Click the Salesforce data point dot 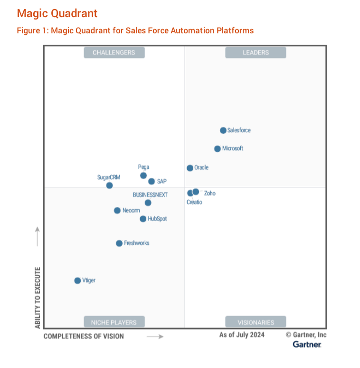[x=223, y=130]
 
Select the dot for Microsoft [x=218, y=149]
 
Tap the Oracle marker [x=190, y=168]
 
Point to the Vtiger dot [x=77, y=281]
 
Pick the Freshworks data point [x=119, y=243]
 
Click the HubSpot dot [x=143, y=219]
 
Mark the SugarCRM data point [x=109, y=185]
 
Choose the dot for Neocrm [x=117, y=211]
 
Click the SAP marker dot [x=152, y=181]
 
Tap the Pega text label [x=143, y=167]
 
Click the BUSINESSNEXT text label [x=150, y=195]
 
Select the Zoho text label [x=209, y=194]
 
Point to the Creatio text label [x=194, y=202]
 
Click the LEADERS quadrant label [x=256, y=52]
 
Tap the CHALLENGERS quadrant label [x=114, y=52]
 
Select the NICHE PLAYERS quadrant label [x=114, y=322]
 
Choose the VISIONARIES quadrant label [x=256, y=322]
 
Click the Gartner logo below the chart [x=307, y=344]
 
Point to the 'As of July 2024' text [x=242, y=335]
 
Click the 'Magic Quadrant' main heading [x=57, y=13]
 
